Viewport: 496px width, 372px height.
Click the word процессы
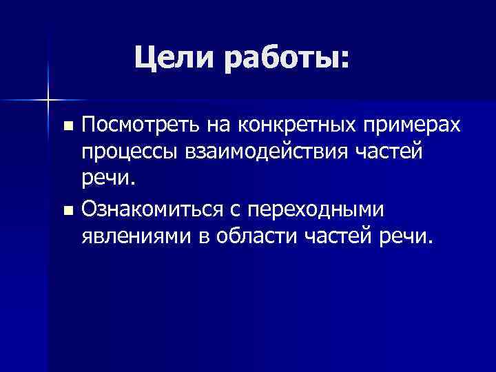coord(127,152)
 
